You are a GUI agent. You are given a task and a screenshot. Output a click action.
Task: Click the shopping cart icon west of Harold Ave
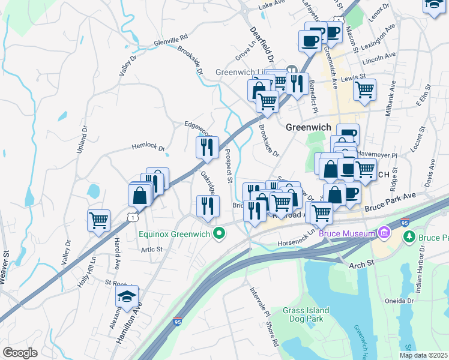click(x=98, y=220)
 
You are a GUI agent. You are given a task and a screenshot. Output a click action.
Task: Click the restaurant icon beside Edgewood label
click(x=207, y=146)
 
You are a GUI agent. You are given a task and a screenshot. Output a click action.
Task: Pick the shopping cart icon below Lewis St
click(x=364, y=89)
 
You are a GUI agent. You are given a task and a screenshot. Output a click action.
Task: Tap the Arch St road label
click(x=362, y=263)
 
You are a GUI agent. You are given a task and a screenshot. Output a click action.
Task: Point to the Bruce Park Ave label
click(x=390, y=201)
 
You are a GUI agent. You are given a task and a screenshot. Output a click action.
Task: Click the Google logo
click(x=20, y=352)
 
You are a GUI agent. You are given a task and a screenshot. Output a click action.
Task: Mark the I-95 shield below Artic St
click(x=178, y=322)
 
